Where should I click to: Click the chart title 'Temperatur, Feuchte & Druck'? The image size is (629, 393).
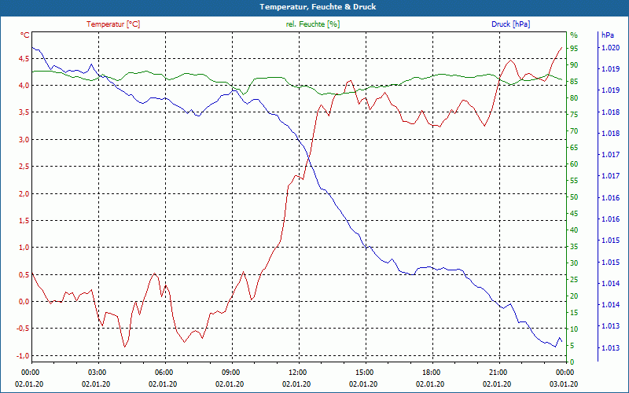tap(314, 7)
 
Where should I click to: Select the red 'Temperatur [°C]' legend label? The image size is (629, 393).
tap(113, 24)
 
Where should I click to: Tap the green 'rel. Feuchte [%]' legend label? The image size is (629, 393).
tap(313, 24)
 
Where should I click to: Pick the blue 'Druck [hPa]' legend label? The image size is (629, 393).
tap(510, 24)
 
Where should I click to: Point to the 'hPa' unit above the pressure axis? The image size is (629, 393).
tap(607, 35)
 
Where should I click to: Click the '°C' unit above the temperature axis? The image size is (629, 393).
tap(25, 35)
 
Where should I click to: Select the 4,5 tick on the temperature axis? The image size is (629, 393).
tap(24, 58)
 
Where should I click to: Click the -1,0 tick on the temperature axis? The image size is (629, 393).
tap(23, 355)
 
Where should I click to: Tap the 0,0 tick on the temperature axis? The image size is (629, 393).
tap(24, 301)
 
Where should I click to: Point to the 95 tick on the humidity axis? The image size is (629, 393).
tap(574, 49)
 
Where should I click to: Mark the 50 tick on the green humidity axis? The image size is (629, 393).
tap(574, 197)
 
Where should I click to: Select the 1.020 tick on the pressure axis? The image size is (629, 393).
tap(610, 48)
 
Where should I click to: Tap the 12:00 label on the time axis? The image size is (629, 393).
tap(297, 371)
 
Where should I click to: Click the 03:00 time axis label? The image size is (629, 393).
tap(97, 371)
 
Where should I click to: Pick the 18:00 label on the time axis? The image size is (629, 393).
tap(431, 371)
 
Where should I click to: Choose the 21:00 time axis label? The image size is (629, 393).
tap(498, 371)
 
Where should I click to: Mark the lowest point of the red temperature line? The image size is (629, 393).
tap(124, 347)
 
